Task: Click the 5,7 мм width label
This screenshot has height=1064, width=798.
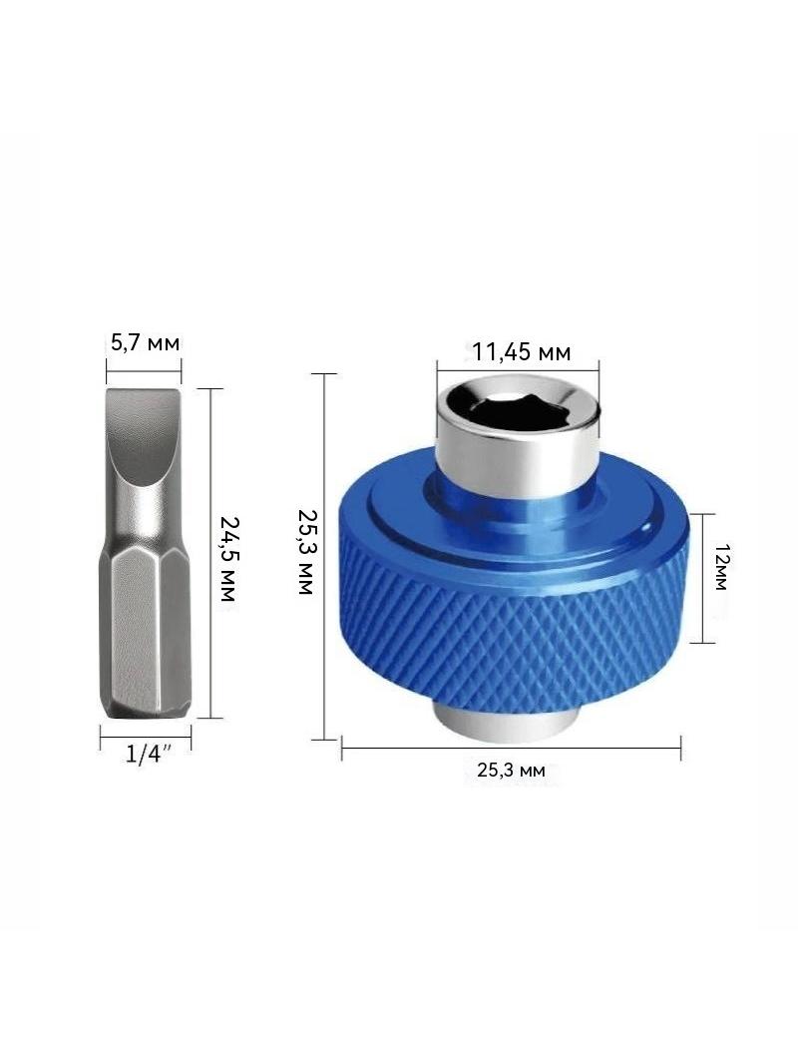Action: [146, 343]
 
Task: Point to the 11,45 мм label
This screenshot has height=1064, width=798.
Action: [522, 352]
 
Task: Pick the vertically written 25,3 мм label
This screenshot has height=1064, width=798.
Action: [305, 552]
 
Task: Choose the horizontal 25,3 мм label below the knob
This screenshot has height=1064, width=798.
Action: [511, 771]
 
